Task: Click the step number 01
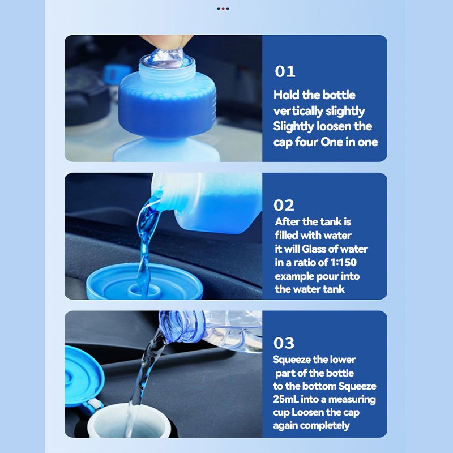pyautogui.click(x=285, y=71)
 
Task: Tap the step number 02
pyautogui.click(x=284, y=205)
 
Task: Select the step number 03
pyautogui.click(x=284, y=343)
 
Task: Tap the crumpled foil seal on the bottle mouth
pyautogui.click(x=166, y=59)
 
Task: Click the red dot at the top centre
pyautogui.click(x=223, y=8)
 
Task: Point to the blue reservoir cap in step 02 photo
pyautogui.click(x=144, y=281)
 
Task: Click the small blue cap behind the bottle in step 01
pyautogui.click(x=117, y=74)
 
